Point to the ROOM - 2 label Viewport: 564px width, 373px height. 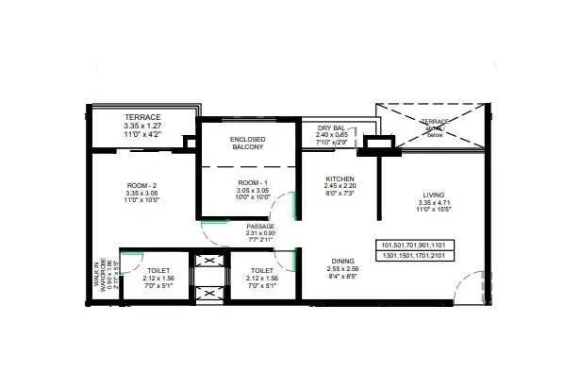141,185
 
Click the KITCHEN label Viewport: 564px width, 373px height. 340,178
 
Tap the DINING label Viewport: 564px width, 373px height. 342,261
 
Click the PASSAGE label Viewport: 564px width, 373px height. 260,227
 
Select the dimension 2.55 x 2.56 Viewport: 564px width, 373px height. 342,269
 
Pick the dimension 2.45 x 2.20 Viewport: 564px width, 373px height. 340,187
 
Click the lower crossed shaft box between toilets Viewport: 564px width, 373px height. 207,293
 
